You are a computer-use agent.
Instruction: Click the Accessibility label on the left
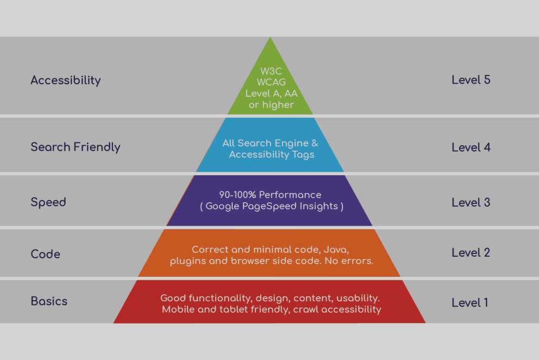point(66,80)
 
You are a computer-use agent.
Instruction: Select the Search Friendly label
point(76,147)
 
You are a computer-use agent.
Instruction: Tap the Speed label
point(48,202)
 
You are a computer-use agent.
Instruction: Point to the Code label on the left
point(46,254)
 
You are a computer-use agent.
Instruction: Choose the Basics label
point(49,301)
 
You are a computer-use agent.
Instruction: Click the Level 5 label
point(471,80)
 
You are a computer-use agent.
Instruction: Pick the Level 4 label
point(471,147)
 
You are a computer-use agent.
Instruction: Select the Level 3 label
point(471,202)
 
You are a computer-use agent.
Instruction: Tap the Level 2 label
point(471,253)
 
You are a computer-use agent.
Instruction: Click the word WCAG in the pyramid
point(271,82)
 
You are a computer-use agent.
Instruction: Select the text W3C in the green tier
point(271,71)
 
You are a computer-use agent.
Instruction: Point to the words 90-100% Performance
point(270,195)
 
